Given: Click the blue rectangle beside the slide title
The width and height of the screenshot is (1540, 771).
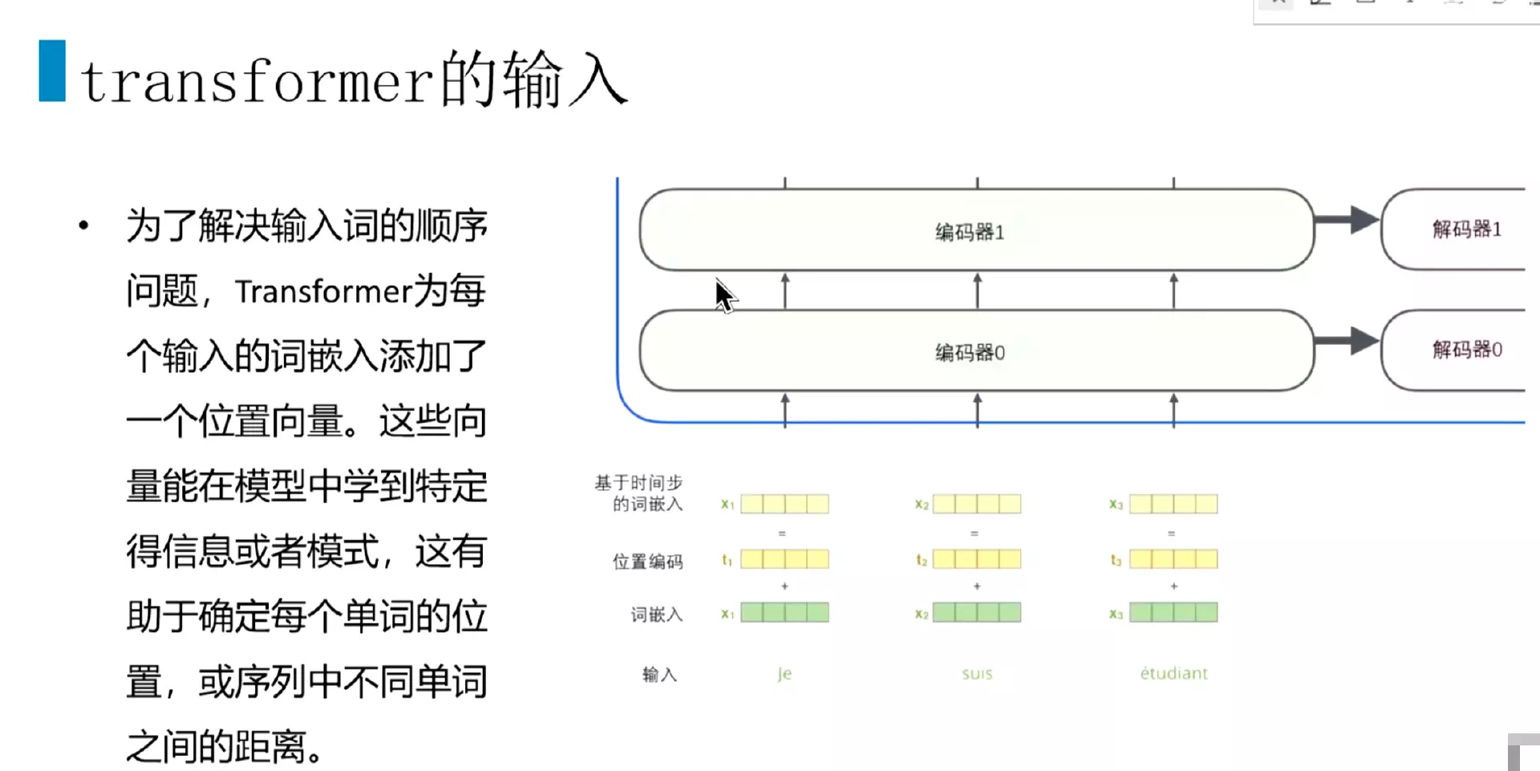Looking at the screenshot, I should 52,71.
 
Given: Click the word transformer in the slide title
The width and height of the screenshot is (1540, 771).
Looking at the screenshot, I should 257,82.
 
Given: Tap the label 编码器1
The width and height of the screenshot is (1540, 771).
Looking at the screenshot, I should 970,232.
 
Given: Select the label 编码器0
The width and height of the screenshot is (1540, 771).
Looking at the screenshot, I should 970,352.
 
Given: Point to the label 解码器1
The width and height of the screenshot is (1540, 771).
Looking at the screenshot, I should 1466,229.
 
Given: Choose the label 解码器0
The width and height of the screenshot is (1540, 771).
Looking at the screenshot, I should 1466,350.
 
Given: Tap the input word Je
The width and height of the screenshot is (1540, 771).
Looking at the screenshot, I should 784,674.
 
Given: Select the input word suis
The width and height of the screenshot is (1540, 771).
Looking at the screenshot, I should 977,674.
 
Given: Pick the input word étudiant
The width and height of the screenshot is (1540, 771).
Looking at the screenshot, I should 1173,673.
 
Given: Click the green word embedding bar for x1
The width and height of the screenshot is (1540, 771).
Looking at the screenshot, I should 784,613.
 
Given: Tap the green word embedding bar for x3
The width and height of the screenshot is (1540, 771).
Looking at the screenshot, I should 1173,613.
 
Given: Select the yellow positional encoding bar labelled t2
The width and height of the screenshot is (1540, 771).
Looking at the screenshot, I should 977,559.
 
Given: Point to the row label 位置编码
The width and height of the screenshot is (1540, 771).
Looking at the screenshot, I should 647,562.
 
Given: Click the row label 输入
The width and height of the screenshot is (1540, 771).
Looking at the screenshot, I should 659,675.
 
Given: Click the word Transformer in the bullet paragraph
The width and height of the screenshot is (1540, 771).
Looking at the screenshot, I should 323,291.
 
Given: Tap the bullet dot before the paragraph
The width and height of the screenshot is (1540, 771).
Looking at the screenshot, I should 83,225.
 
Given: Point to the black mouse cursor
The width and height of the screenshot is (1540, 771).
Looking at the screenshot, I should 723,294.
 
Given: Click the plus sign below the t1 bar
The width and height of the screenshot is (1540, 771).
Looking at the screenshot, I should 784,586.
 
